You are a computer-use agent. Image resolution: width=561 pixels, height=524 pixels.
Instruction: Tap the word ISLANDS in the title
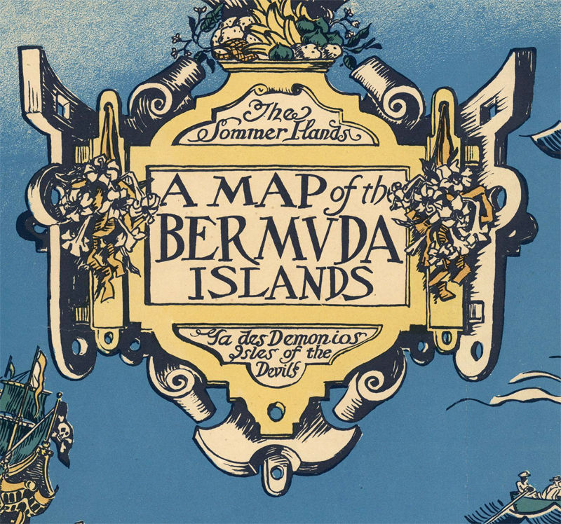tap(280, 283)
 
